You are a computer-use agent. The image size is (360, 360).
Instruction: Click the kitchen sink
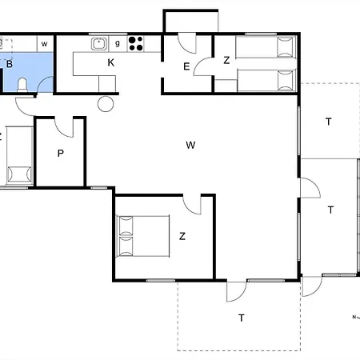[99, 44]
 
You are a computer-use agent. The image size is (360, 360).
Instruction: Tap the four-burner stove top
[136, 44]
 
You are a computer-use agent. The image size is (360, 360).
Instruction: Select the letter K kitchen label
[111, 62]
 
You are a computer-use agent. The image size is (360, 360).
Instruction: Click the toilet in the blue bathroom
[22, 85]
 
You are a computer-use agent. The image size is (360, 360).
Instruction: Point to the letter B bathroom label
[10, 64]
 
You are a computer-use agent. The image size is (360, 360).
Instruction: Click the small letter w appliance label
[45, 44]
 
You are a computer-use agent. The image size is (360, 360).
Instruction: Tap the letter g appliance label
[118, 43]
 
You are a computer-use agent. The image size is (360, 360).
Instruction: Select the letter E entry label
[186, 66]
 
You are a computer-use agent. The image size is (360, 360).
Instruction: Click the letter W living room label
[190, 145]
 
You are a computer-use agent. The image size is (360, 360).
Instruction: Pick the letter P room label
[61, 154]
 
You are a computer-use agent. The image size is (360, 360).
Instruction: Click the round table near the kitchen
[106, 104]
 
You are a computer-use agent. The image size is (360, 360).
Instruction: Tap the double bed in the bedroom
[143, 236]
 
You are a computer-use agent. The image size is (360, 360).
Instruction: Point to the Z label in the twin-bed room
[226, 60]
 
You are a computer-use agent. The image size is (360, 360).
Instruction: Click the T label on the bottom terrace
[242, 318]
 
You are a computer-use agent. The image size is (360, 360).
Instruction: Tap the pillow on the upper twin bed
[286, 47]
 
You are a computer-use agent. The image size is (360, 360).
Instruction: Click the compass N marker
[354, 317]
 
